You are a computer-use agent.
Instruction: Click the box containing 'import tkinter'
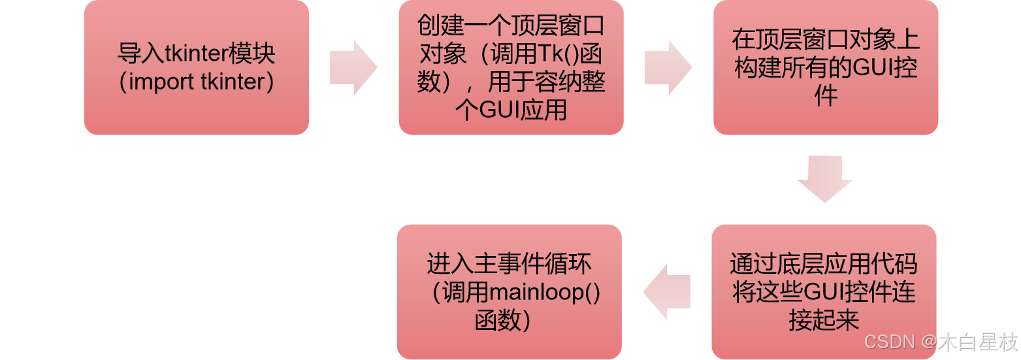[196, 67]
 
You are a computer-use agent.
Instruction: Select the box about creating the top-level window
[511, 67]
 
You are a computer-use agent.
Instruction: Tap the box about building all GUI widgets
[826, 67]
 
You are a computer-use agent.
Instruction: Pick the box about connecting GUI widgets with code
[824, 292]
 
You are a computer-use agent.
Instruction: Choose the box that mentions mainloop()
[509, 292]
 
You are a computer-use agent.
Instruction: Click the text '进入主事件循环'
[509, 264]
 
